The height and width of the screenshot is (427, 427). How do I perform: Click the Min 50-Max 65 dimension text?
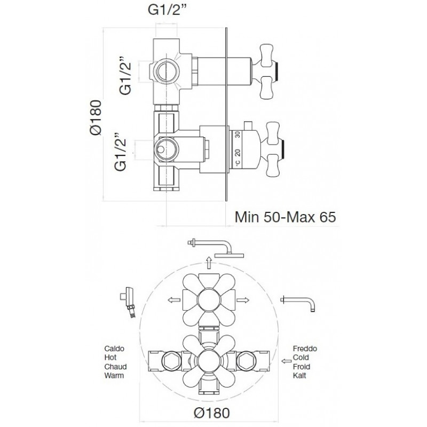tap(285, 217)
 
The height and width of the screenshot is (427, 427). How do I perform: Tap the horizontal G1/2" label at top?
tap(169, 10)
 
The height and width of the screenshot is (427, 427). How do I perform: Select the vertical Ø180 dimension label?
tap(96, 117)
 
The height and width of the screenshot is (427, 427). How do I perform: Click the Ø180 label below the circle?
tap(211, 413)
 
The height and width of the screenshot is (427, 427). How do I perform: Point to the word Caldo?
tap(114, 349)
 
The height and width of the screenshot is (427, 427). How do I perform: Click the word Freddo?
tap(305, 349)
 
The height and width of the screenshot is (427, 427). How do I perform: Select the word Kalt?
tap(299, 375)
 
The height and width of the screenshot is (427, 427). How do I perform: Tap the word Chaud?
tap(115, 367)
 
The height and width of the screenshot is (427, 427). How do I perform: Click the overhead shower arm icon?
tap(216, 248)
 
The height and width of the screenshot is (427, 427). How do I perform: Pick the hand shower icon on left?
tap(130, 302)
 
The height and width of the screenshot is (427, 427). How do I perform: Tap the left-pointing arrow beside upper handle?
tap(175, 300)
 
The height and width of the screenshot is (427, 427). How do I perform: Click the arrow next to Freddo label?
tap(286, 361)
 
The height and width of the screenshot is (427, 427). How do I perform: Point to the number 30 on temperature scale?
tap(238, 135)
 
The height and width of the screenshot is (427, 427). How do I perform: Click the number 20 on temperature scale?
tap(238, 153)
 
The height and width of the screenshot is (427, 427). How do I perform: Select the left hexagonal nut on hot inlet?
tap(171, 361)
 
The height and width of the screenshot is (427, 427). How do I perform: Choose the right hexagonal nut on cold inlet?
tap(246, 361)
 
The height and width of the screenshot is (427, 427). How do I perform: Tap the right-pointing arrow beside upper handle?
tap(243, 300)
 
